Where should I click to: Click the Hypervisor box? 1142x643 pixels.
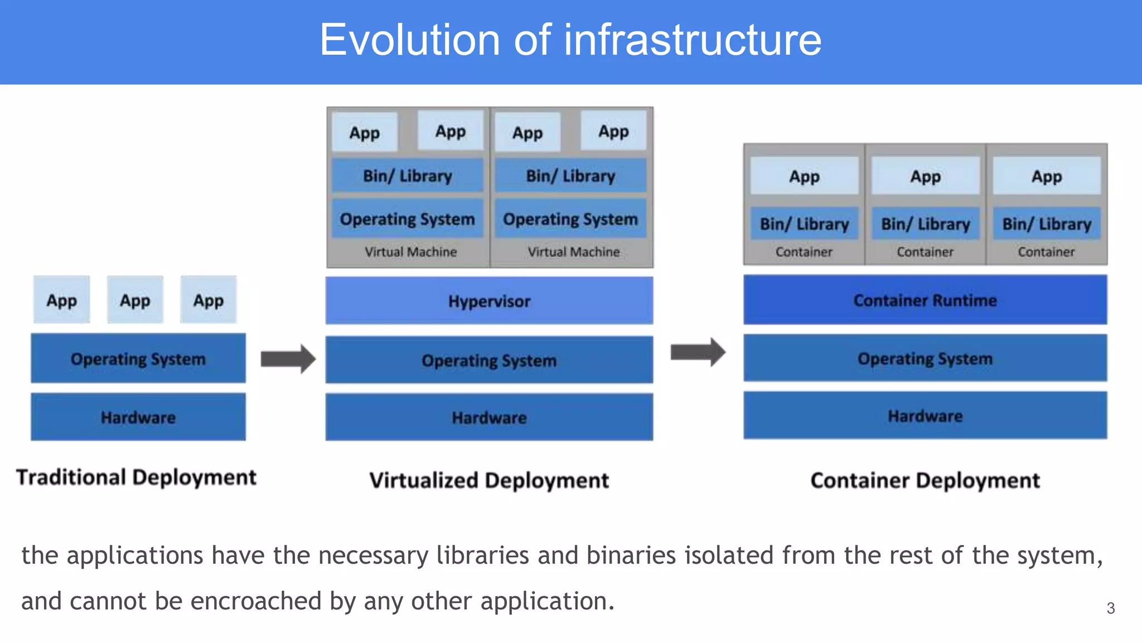click(x=489, y=301)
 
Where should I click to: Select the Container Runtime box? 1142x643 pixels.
click(x=925, y=300)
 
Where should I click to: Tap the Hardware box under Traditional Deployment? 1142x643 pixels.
click(x=138, y=417)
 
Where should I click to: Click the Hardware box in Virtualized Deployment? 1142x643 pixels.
click(x=489, y=418)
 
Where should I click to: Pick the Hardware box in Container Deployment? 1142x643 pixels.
click(x=925, y=416)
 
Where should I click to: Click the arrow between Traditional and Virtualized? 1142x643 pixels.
click(x=288, y=358)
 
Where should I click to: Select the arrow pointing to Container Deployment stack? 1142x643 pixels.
click(x=698, y=352)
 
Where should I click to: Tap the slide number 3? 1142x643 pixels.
click(x=1110, y=608)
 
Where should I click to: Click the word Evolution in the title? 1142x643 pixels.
click(x=410, y=40)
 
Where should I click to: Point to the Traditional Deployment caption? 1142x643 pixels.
click(x=136, y=478)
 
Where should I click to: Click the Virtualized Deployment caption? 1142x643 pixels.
click(x=489, y=481)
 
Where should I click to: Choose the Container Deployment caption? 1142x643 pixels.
click(x=925, y=481)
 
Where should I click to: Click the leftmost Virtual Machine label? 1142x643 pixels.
click(x=410, y=252)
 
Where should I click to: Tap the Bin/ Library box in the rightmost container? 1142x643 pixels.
click(x=1046, y=224)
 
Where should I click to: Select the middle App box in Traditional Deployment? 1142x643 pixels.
click(x=135, y=300)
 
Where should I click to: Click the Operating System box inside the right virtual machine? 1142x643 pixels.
click(x=570, y=219)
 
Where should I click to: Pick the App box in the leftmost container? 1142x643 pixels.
click(x=804, y=176)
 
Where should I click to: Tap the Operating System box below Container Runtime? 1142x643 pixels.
click(x=925, y=358)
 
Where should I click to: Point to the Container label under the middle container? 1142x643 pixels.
click(x=925, y=252)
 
